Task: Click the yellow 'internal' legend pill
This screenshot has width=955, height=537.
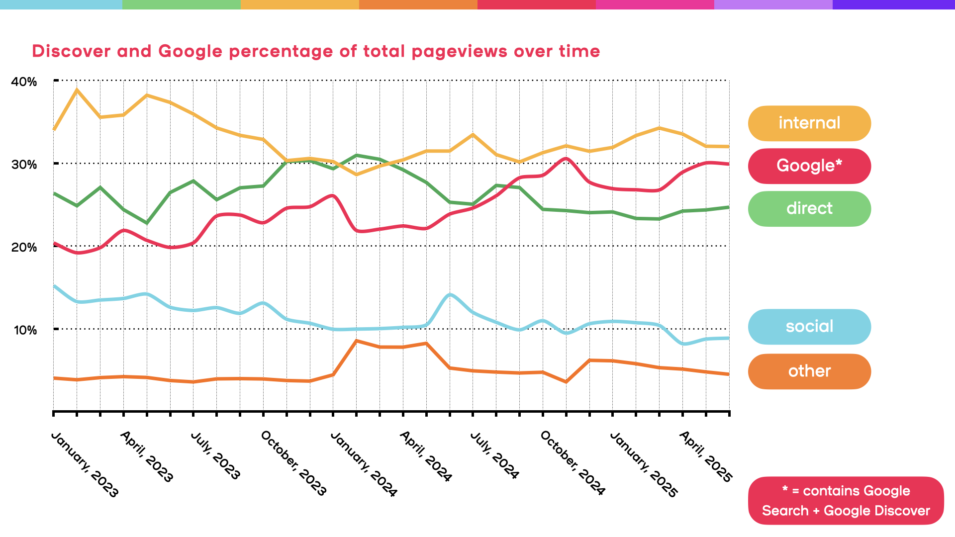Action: (x=809, y=123)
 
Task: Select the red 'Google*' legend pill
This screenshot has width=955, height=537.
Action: (x=809, y=166)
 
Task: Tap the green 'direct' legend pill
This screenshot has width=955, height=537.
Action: (x=809, y=209)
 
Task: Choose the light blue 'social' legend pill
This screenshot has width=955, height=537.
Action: (x=809, y=327)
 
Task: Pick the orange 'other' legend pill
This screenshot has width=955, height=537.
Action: (x=809, y=371)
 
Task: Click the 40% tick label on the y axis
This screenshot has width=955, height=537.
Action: (x=24, y=82)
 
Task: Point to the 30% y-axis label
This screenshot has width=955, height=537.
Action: (x=24, y=165)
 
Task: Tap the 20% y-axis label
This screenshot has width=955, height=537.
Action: (x=24, y=248)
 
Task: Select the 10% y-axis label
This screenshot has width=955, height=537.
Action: (x=25, y=331)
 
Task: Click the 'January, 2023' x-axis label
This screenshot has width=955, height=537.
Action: (x=85, y=464)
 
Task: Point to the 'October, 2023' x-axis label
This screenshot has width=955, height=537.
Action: (x=293, y=463)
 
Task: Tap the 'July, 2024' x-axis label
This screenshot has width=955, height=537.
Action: (x=494, y=455)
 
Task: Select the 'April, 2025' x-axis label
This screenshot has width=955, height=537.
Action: (x=705, y=456)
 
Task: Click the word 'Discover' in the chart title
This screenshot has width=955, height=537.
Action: (x=71, y=51)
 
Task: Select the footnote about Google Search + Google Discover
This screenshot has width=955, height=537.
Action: (x=846, y=501)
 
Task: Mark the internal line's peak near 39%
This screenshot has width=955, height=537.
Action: (x=77, y=90)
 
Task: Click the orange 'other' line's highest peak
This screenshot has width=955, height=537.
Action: (x=356, y=341)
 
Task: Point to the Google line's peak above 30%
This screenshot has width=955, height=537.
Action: (x=566, y=159)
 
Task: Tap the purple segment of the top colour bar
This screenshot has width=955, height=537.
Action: (x=893, y=4)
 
